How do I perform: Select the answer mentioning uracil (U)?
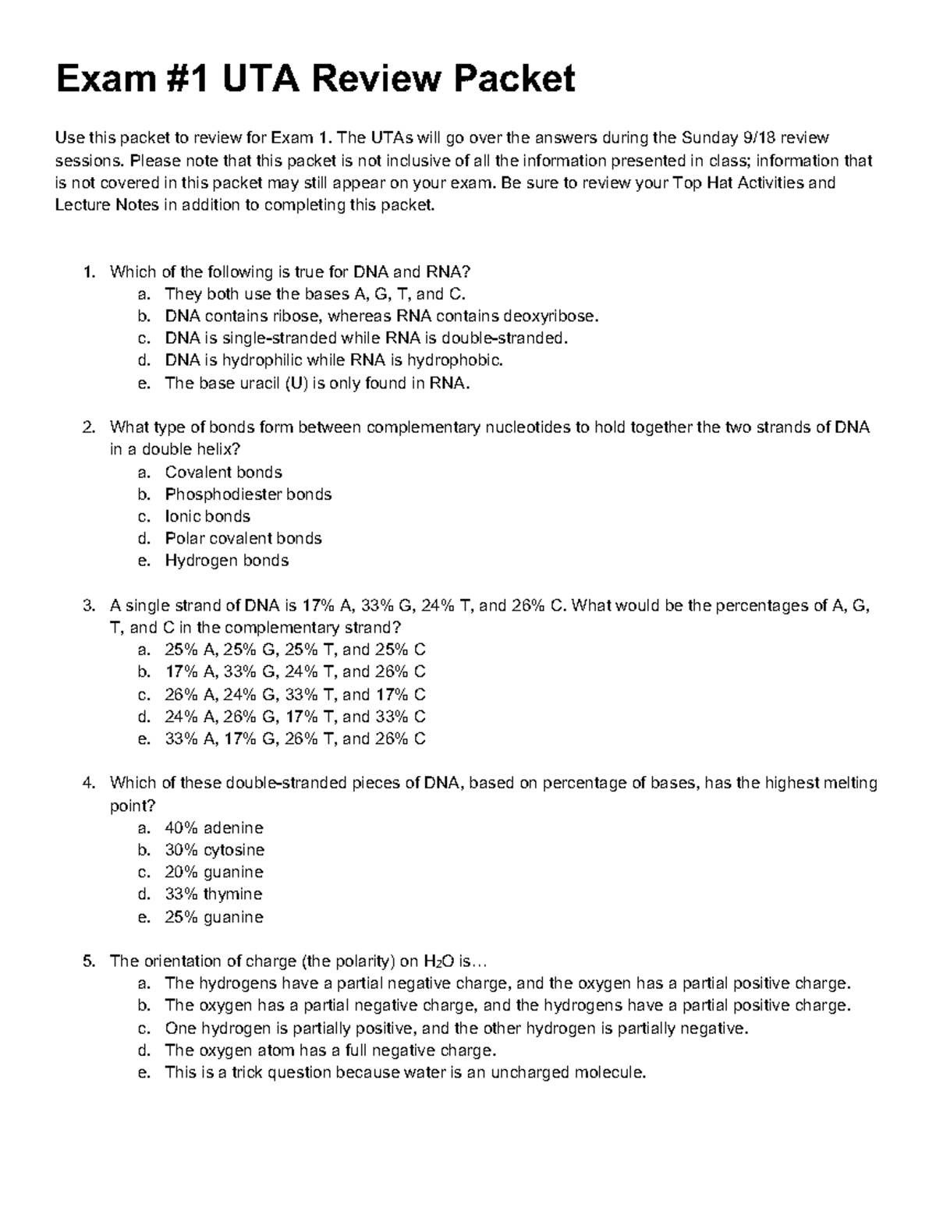[317, 383]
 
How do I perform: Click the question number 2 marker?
[88, 427]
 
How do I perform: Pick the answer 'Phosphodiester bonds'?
[248, 494]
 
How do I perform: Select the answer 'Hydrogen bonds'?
[226, 561]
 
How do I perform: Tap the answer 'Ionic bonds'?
[207, 516]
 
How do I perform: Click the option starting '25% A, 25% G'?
[295, 650]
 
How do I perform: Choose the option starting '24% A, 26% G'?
[295, 717]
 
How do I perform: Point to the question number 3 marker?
[88, 606]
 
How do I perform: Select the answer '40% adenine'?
[214, 827]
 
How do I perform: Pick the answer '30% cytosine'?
[214, 850]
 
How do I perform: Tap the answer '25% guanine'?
[214, 917]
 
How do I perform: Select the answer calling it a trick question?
[406, 1073]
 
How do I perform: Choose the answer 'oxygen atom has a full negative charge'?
[330, 1050]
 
